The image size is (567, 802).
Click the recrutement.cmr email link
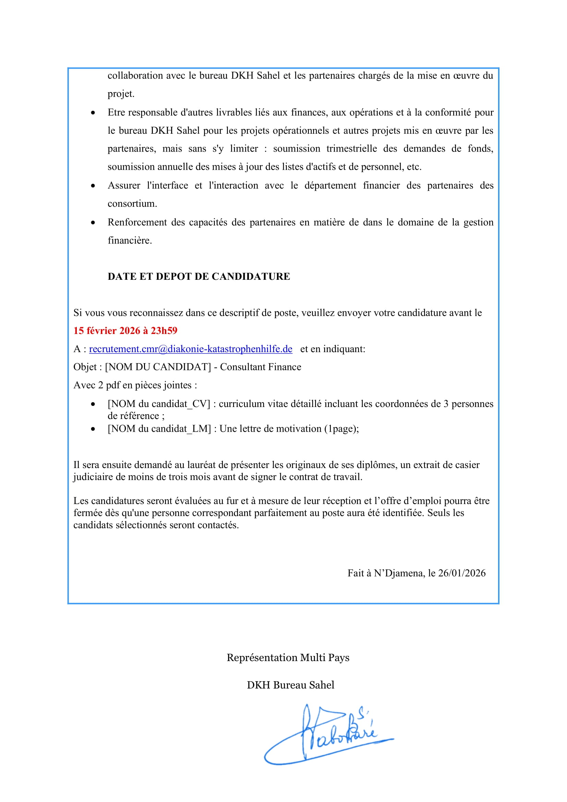[x=191, y=349]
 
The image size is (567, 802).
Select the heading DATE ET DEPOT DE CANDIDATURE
[x=199, y=276]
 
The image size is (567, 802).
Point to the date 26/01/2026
[x=461, y=573]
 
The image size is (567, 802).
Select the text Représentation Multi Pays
[x=288, y=658]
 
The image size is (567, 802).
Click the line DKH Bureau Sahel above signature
[x=290, y=685]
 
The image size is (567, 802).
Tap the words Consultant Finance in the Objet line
[x=261, y=367]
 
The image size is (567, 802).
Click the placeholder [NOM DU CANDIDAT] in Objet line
[x=158, y=367]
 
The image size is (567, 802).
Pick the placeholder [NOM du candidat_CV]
[x=159, y=404]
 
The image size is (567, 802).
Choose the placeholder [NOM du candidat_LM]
[x=159, y=429]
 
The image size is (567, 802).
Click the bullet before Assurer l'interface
[x=93, y=186]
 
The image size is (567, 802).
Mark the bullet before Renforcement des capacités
[x=93, y=223]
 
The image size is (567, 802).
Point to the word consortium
[x=132, y=204]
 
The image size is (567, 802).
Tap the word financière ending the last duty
[x=129, y=241]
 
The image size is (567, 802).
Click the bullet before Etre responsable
[x=93, y=113]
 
